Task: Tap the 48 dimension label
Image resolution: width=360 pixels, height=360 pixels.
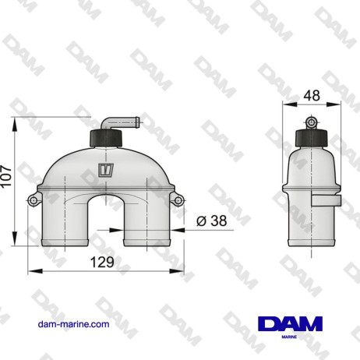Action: (x=311, y=95)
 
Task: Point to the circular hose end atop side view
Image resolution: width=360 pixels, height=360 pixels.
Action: (x=311, y=122)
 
